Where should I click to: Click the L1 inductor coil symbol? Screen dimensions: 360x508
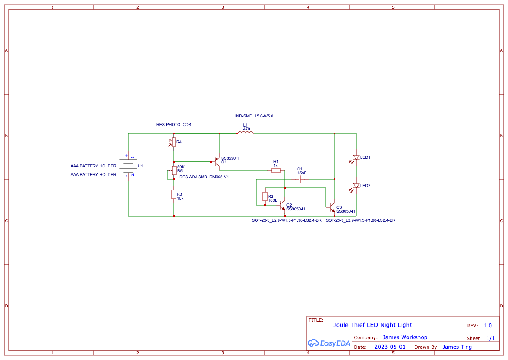(x=245, y=133)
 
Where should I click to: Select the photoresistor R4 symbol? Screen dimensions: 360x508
(x=174, y=142)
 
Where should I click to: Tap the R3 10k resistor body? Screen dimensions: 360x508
(x=174, y=194)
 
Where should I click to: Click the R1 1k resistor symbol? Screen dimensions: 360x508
(x=276, y=171)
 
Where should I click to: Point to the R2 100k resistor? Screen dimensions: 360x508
(x=265, y=197)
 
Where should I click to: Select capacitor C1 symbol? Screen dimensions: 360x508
(x=300, y=179)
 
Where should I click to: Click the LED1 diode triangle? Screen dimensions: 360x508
(x=356, y=157)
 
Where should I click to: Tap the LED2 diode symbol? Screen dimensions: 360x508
(x=356, y=186)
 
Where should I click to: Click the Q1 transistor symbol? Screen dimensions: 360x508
(x=216, y=162)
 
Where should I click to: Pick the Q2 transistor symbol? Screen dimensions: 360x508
(x=282, y=205)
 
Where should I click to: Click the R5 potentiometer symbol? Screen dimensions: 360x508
(x=174, y=170)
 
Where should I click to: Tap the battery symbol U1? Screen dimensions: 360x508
(x=128, y=166)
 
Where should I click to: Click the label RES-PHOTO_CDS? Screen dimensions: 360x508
(x=174, y=125)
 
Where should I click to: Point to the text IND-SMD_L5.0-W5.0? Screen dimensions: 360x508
(x=254, y=116)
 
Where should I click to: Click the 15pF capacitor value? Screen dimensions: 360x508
(x=302, y=173)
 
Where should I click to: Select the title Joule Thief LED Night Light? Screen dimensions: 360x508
(x=372, y=325)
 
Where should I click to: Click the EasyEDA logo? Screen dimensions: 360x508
(x=329, y=343)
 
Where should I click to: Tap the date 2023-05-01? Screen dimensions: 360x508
(x=390, y=347)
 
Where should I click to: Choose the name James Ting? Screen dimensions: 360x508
(x=457, y=347)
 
